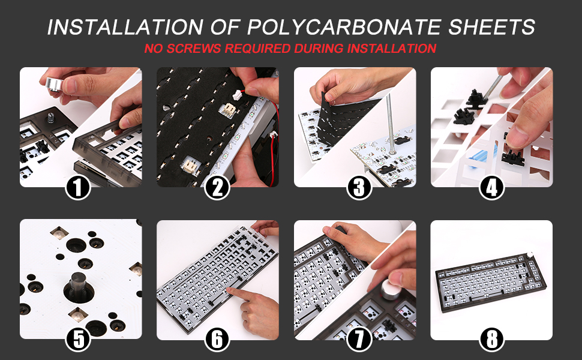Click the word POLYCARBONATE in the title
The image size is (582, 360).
pos(344,27)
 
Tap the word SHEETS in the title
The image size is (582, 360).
pos(491,27)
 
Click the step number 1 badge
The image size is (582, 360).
pos(78,187)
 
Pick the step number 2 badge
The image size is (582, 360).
pos(217,187)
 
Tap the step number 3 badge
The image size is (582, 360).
pos(359,187)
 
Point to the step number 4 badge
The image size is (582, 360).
pos(491,187)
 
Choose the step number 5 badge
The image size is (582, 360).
pos(79,339)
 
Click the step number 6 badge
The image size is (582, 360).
pos(217,339)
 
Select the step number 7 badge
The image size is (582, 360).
pos(359,339)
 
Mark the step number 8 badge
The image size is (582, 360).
pos(492,339)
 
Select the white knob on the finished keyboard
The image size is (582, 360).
pos(530,256)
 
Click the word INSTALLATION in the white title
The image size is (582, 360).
pos(125,27)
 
